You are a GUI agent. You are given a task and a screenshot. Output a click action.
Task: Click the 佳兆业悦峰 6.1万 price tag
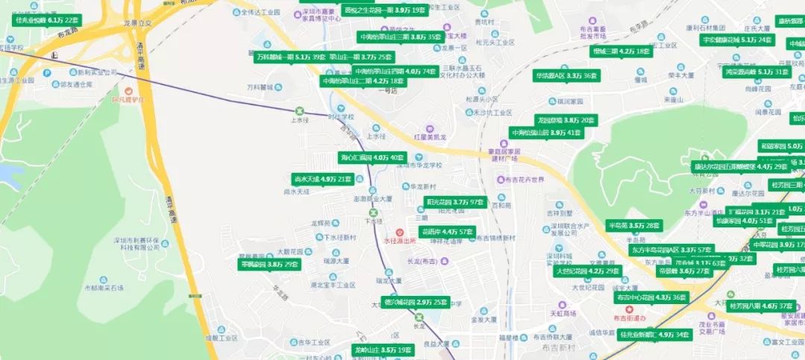tap(46, 20)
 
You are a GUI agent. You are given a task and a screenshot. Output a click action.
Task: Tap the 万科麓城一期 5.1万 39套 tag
tap(291, 57)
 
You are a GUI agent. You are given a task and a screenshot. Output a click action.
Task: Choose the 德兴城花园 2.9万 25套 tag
tap(416, 303)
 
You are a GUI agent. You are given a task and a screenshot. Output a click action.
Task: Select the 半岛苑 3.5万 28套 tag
tap(634, 225)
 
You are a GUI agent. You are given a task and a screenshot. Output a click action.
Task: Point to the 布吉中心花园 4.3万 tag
tap(651, 297)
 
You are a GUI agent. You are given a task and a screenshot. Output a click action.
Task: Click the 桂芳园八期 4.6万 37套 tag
tap(761, 306)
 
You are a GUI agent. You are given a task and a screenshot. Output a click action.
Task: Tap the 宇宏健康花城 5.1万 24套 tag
tap(736, 40)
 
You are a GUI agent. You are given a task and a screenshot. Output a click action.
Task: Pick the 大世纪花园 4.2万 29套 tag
tap(588, 271)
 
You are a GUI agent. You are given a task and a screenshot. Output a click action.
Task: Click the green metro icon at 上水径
tap(300, 111)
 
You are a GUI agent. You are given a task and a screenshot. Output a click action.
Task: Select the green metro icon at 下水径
tap(373, 212)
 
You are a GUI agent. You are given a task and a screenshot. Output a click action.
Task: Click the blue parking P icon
tap(47, 73)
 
